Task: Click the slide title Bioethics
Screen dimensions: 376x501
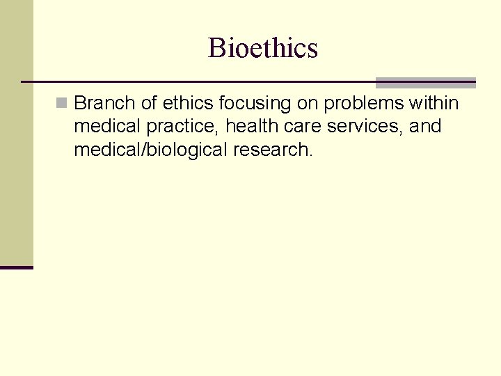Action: tap(262, 48)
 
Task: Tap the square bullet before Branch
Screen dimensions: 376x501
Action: tap(63, 104)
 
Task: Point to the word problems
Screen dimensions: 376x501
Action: tap(363, 104)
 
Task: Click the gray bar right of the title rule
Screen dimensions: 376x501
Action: tap(425, 83)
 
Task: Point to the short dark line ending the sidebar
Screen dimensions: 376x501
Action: tap(16, 267)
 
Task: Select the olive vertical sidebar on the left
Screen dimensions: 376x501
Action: tap(16, 132)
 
